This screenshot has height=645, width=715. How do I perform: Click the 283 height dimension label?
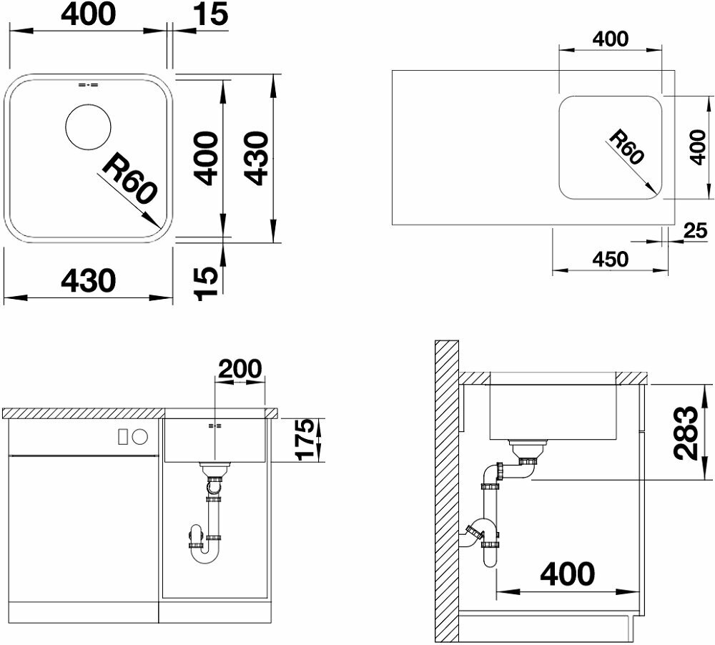(686, 432)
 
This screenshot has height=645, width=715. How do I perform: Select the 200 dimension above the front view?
(240, 368)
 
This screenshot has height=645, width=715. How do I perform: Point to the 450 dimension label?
(610, 259)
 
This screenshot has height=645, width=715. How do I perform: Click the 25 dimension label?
(696, 231)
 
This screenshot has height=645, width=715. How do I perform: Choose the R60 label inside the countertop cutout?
(627, 147)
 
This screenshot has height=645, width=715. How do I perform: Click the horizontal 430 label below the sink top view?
(89, 280)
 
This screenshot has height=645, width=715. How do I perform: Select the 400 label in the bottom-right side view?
(567, 573)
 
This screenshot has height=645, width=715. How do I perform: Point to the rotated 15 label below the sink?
(206, 284)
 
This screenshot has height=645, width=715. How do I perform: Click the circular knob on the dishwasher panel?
(140, 436)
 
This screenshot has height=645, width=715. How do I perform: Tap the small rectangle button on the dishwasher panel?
(122, 436)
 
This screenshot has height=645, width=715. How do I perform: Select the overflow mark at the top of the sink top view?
(89, 85)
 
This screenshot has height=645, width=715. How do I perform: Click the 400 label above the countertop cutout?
(610, 39)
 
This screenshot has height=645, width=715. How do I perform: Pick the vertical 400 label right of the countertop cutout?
(697, 147)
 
